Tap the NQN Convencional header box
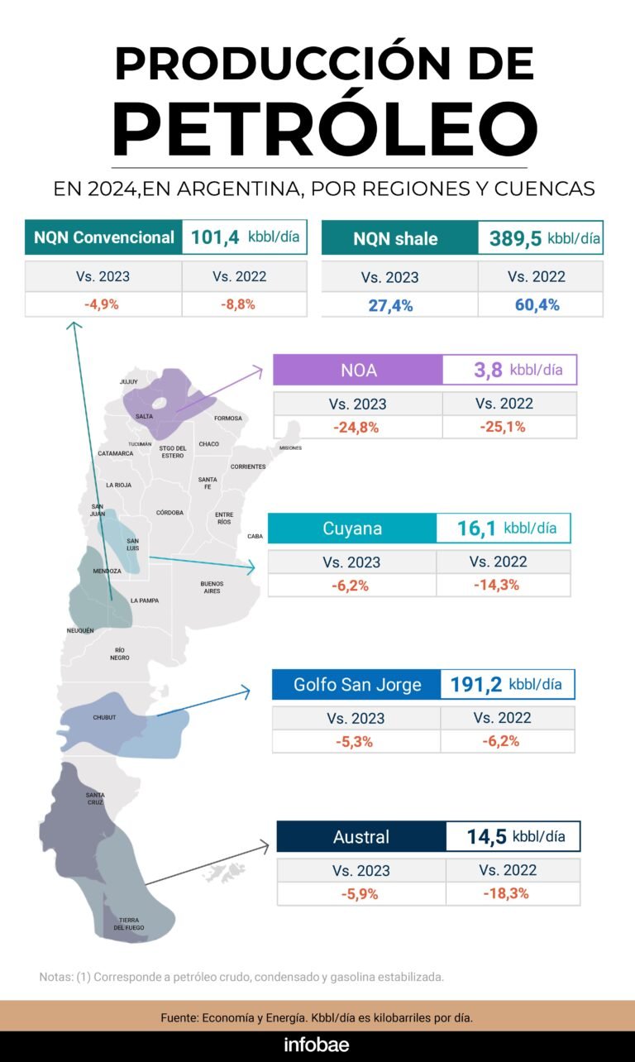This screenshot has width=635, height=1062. (103, 237)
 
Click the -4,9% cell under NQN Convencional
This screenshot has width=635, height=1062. (103, 304)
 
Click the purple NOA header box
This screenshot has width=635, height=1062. (358, 370)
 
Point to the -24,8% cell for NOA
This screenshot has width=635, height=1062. (356, 427)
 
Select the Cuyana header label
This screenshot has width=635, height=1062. (352, 529)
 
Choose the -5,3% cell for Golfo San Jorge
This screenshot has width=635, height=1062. (355, 741)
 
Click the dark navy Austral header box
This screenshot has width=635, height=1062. (360, 837)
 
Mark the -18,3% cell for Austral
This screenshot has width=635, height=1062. (506, 893)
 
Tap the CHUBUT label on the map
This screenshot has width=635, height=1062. (105, 717)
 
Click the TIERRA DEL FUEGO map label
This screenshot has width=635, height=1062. (129, 924)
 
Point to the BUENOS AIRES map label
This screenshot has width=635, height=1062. (212, 587)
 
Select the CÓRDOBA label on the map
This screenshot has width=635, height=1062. (169, 512)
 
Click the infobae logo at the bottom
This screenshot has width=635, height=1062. (317, 1045)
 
